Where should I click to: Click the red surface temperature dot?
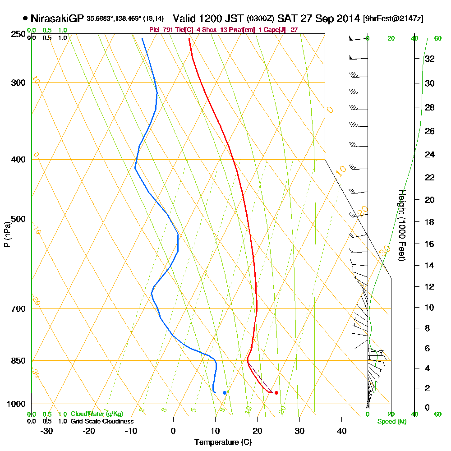pos(276,393)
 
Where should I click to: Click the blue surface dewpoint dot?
pos(225,393)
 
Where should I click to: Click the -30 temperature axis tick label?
pos(47,430)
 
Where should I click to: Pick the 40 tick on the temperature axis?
pos(342,430)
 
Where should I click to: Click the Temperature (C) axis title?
pos(223,442)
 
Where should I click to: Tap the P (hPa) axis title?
pos(7,234)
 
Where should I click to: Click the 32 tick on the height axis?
pos(429,59)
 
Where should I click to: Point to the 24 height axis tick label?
pos(429,155)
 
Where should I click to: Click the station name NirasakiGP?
pos(57,18)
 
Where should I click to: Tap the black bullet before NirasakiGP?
pos(25,18)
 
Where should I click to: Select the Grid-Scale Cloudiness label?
pos(101,421)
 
